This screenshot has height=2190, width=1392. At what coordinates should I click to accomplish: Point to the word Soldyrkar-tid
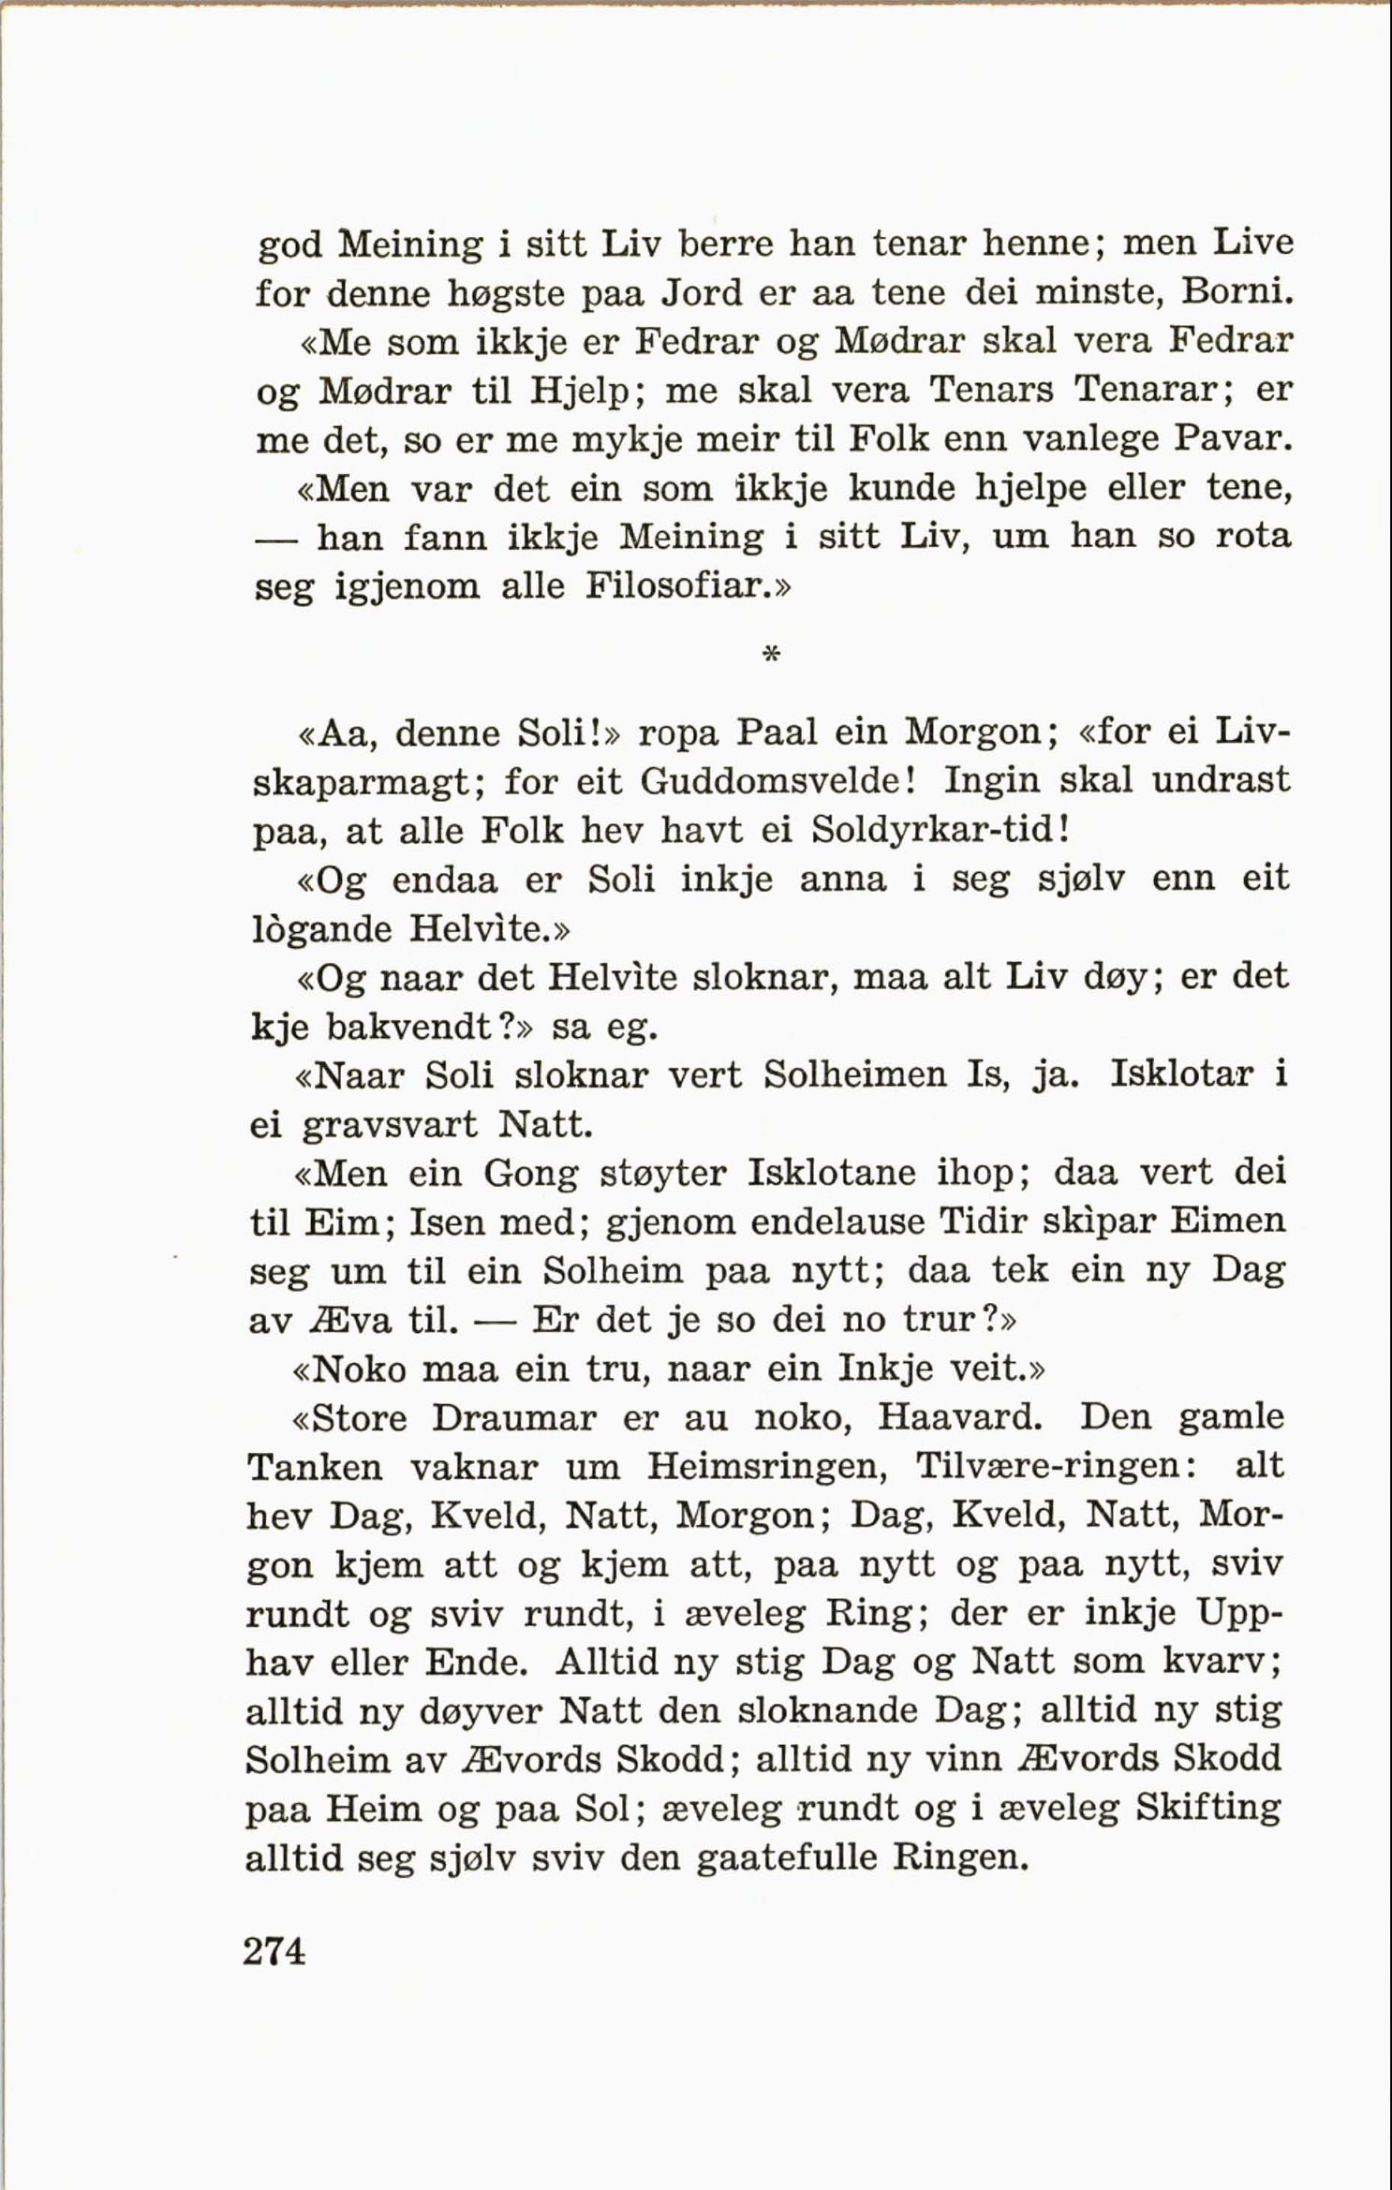[x=936, y=829]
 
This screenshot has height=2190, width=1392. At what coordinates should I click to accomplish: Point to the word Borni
[x=1237, y=293]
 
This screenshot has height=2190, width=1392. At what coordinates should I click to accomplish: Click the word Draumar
[x=513, y=1418]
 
